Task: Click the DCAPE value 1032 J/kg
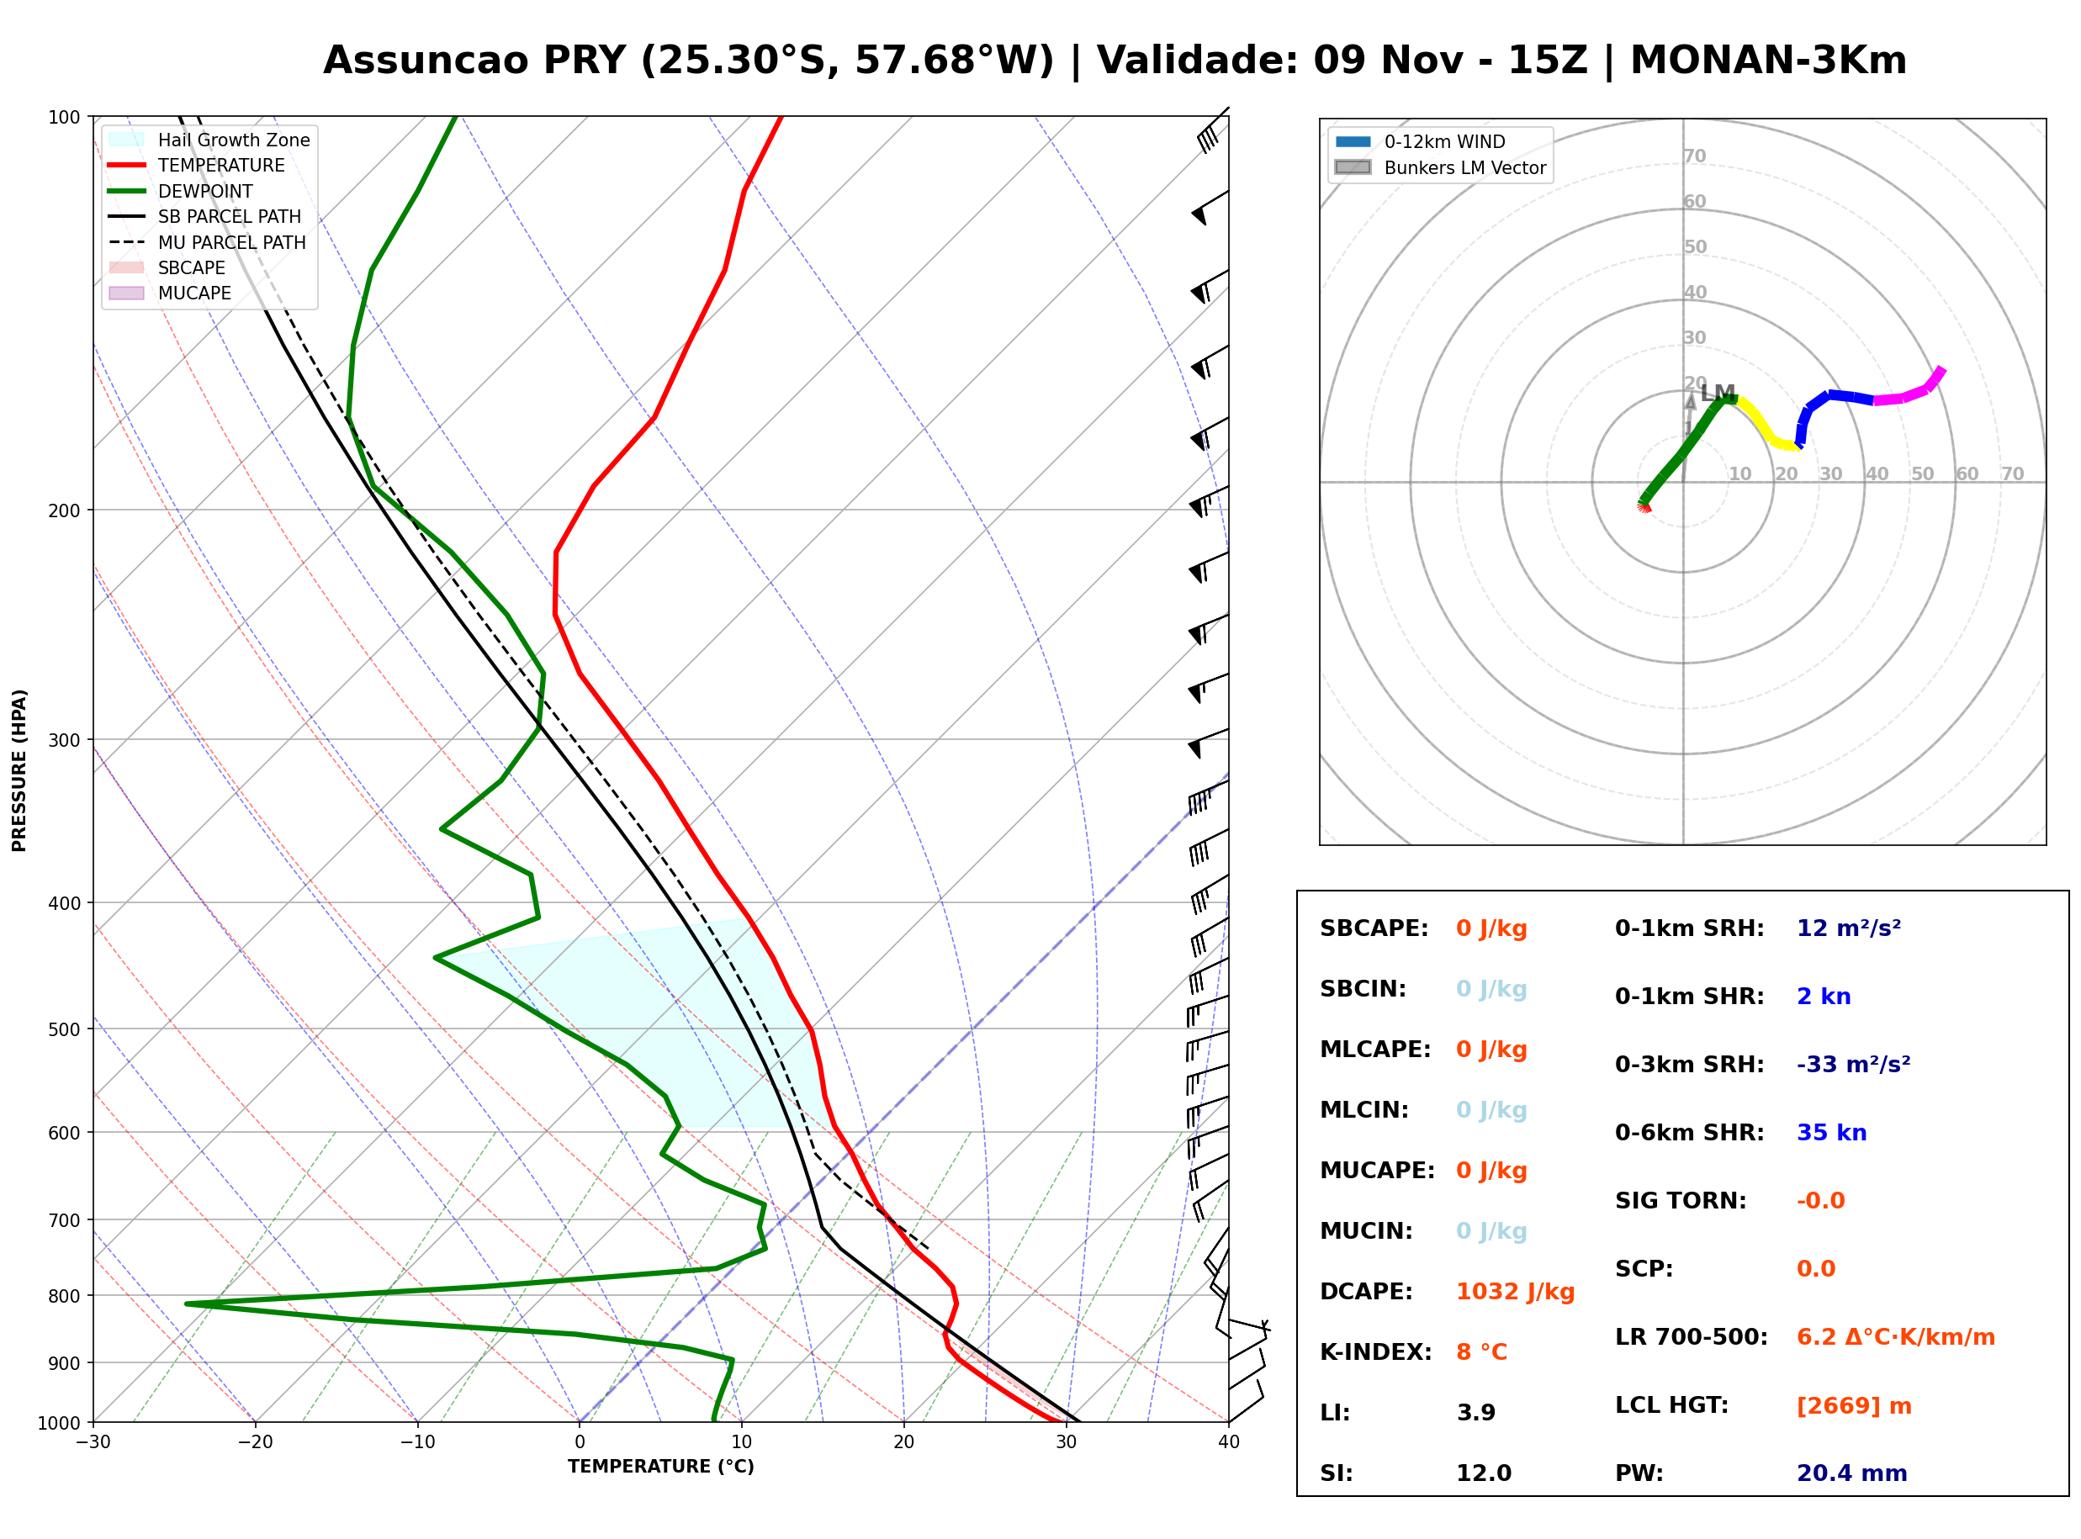[x=1515, y=1292]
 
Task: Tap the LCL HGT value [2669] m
[x=1854, y=1406]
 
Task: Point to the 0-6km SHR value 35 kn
[x=1831, y=1133]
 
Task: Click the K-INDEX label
[x=1376, y=1352]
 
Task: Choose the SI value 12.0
[x=1483, y=1473]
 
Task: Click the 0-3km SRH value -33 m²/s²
[x=1853, y=1064]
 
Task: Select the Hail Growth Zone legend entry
[x=209, y=140]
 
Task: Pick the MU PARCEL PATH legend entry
[x=207, y=242]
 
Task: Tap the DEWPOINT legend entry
[x=181, y=191]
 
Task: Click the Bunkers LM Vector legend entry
[x=1440, y=167]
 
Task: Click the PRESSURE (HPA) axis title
[x=19, y=770]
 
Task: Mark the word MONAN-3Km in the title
[x=1768, y=61]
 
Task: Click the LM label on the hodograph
[x=1718, y=393]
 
